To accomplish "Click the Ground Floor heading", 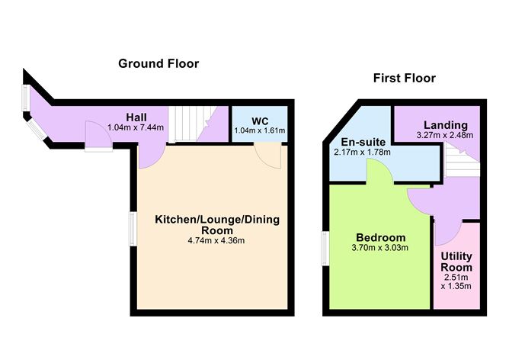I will [x=158, y=63].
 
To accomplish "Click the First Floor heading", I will [x=404, y=78].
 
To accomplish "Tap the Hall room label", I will [x=137, y=117].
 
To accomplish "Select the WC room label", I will [x=260, y=121].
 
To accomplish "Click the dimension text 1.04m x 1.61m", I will [x=260, y=131].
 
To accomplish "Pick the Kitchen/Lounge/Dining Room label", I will [x=217, y=224].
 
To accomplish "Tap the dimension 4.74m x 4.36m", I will [x=217, y=240].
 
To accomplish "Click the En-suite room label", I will [x=361, y=142].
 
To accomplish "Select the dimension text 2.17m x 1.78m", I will [x=361, y=153].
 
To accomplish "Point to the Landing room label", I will [x=446, y=125].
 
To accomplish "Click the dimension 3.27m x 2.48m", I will [x=446, y=136].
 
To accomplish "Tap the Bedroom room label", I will [x=380, y=236].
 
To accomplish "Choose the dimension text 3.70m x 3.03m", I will [x=380, y=247].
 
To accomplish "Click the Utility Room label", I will [x=457, y=262].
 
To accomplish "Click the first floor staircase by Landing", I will [x=462, y=161].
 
